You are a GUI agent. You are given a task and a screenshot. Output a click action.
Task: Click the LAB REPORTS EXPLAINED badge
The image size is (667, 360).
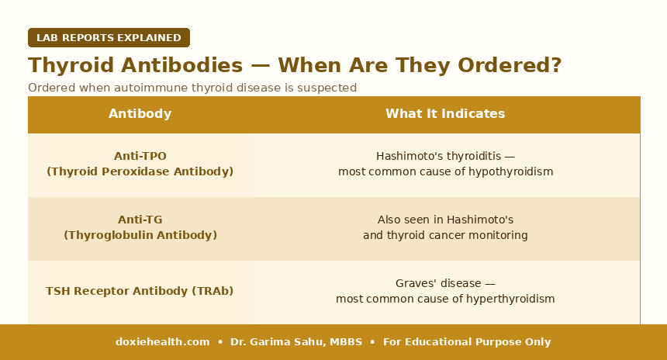click(x=109, y=37)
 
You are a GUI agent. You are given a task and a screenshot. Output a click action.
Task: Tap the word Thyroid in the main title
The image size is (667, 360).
click(x=71, y=65)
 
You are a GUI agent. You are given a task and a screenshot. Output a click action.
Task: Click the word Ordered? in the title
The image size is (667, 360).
click(x=510, y=65)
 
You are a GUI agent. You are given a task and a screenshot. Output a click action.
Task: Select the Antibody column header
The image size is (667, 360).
click(x=140, y=113)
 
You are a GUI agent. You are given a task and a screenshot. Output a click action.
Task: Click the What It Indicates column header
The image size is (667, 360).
click(x=445, y=113)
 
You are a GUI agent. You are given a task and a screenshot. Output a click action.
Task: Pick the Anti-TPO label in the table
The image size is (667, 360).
click(x=140, y=156)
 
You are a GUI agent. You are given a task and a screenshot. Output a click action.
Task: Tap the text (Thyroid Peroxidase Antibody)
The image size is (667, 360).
click(x=140, y=171)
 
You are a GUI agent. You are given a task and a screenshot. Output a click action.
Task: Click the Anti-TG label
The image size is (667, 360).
click(x=140, y=220)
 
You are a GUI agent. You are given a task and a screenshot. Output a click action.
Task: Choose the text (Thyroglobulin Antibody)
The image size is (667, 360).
click(x=140, y=235)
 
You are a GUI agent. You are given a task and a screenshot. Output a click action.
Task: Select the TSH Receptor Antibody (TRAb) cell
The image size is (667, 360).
click(x=140, y=291)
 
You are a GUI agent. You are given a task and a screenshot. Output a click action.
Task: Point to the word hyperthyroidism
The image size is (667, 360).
click(x=510, y=299)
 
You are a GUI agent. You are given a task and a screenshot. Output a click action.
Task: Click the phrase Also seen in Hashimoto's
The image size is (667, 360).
click(x=445, y=220)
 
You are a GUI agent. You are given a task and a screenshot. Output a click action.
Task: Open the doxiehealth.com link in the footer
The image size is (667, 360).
click(x=163, y=342)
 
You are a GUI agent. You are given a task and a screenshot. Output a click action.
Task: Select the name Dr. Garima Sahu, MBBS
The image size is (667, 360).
click(x=296, y=342)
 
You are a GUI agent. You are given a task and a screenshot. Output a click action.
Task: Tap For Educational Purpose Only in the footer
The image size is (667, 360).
click(x=467, y=342)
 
